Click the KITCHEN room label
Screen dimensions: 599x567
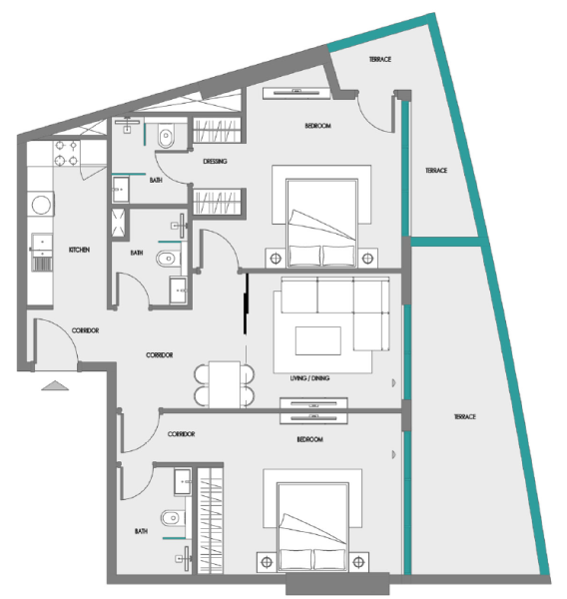pyautogui.click(x=80, y=250)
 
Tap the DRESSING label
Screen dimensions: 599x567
pyautogui.click(x=215, y=161)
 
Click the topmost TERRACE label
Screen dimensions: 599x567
pyautogui.click(x=379, y=61)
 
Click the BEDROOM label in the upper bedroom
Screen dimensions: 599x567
pyautogui.click(x=317, y=126)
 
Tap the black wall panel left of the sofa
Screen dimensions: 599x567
pyautogui.click(x=246, y=307)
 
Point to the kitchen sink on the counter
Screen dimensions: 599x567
pyautogui.click(x=43, y=245)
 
